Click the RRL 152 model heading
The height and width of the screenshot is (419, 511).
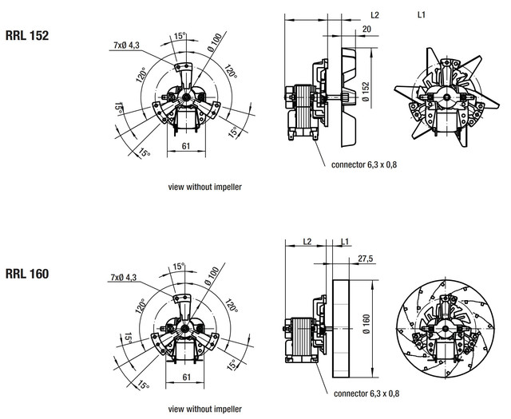[27, 35]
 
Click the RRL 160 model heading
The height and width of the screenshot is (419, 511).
[27, 274]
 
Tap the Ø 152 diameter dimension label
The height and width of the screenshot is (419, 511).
[366, 92]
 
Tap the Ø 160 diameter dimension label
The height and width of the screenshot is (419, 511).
[366, 324]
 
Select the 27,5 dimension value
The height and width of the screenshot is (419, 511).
[366, 259]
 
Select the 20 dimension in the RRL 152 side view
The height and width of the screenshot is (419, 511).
[366, 29]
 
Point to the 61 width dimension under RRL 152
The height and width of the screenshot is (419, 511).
[186, 146]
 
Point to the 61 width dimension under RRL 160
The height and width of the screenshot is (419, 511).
[186, 377]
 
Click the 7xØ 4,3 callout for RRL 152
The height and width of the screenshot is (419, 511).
[126, 45]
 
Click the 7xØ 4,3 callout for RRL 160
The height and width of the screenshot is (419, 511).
[124, 277]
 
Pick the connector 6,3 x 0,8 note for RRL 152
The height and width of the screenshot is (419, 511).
[364, 165]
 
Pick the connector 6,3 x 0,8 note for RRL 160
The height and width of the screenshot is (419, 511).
[366, 393]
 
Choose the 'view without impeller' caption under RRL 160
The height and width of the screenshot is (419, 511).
[205, 409]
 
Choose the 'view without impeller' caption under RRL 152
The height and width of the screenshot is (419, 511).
[205, 187]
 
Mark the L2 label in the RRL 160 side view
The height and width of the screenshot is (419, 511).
[307, 242]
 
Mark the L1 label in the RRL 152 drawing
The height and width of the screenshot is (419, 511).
[422, 14]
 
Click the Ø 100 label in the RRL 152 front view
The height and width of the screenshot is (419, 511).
[215, 42]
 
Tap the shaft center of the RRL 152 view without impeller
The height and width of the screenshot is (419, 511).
[186, 97]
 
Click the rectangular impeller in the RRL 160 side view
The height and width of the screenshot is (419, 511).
[341, 329]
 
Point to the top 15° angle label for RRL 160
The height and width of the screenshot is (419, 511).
[179, 267]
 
